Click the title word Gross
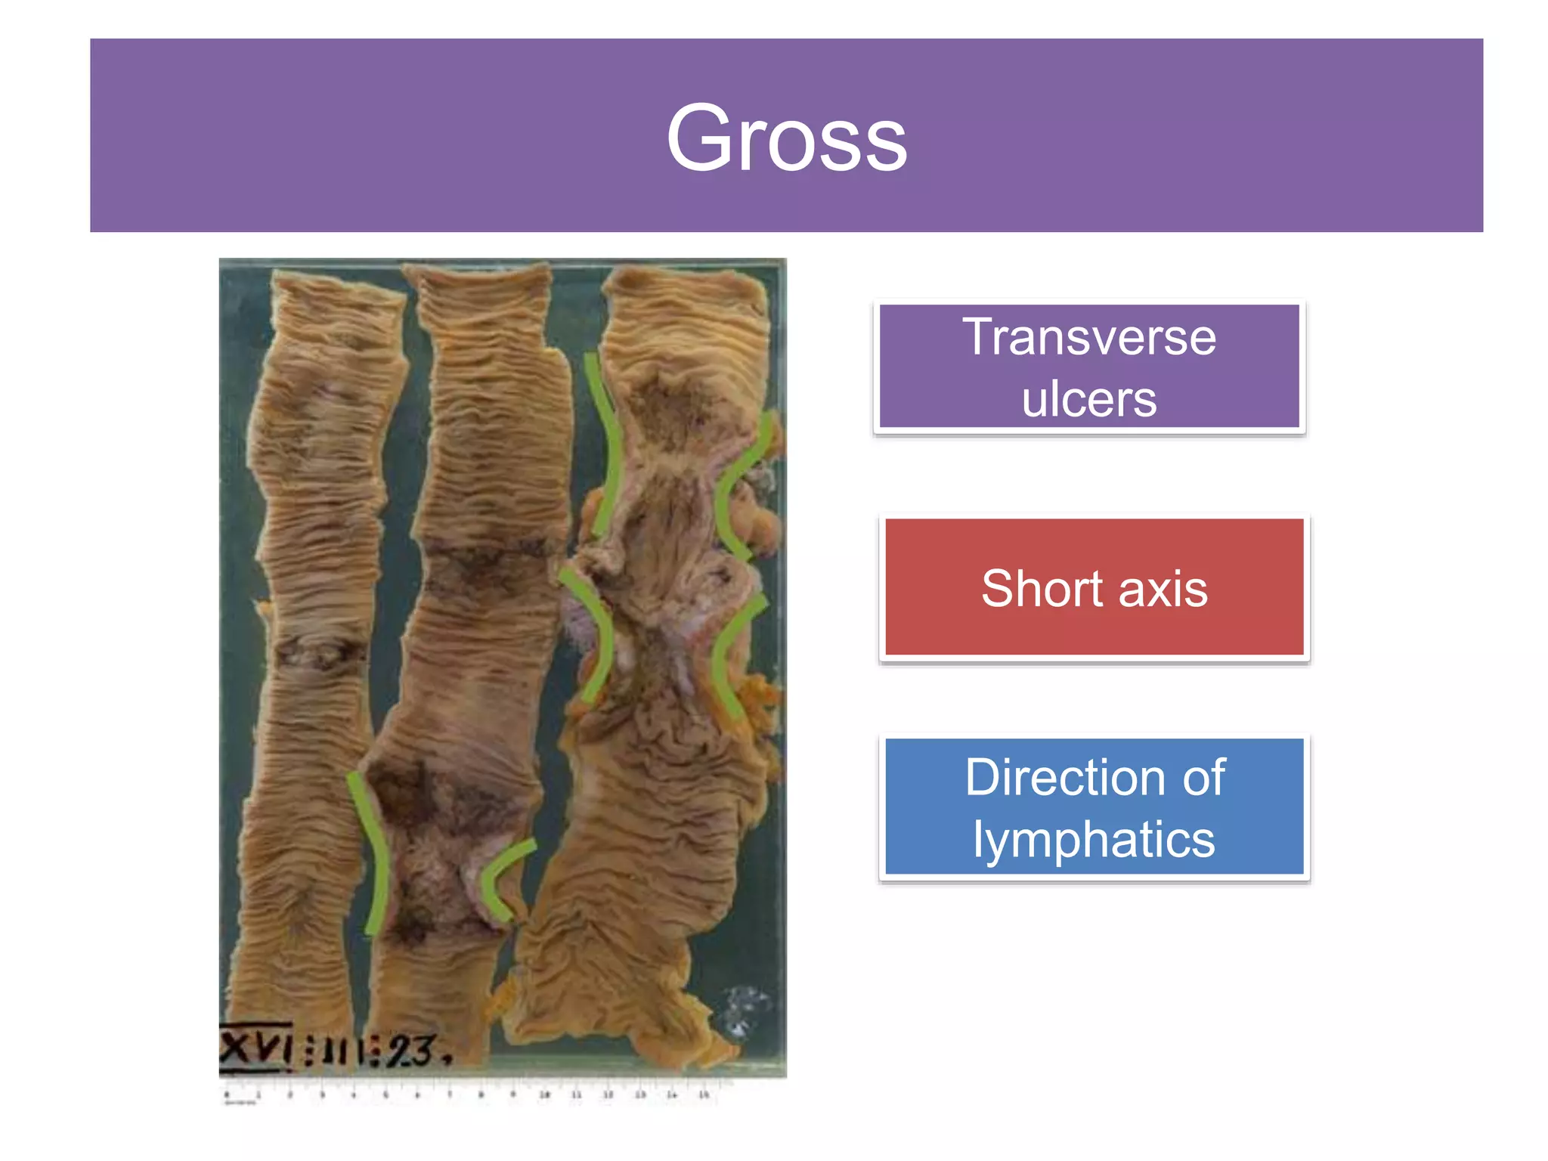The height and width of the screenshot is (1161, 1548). tap(786, 139)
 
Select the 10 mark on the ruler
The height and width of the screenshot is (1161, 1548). tap(544, 1094)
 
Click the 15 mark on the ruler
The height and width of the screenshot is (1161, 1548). tap(704, 1094)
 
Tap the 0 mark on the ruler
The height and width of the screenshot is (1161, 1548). tap(227, 1094)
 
